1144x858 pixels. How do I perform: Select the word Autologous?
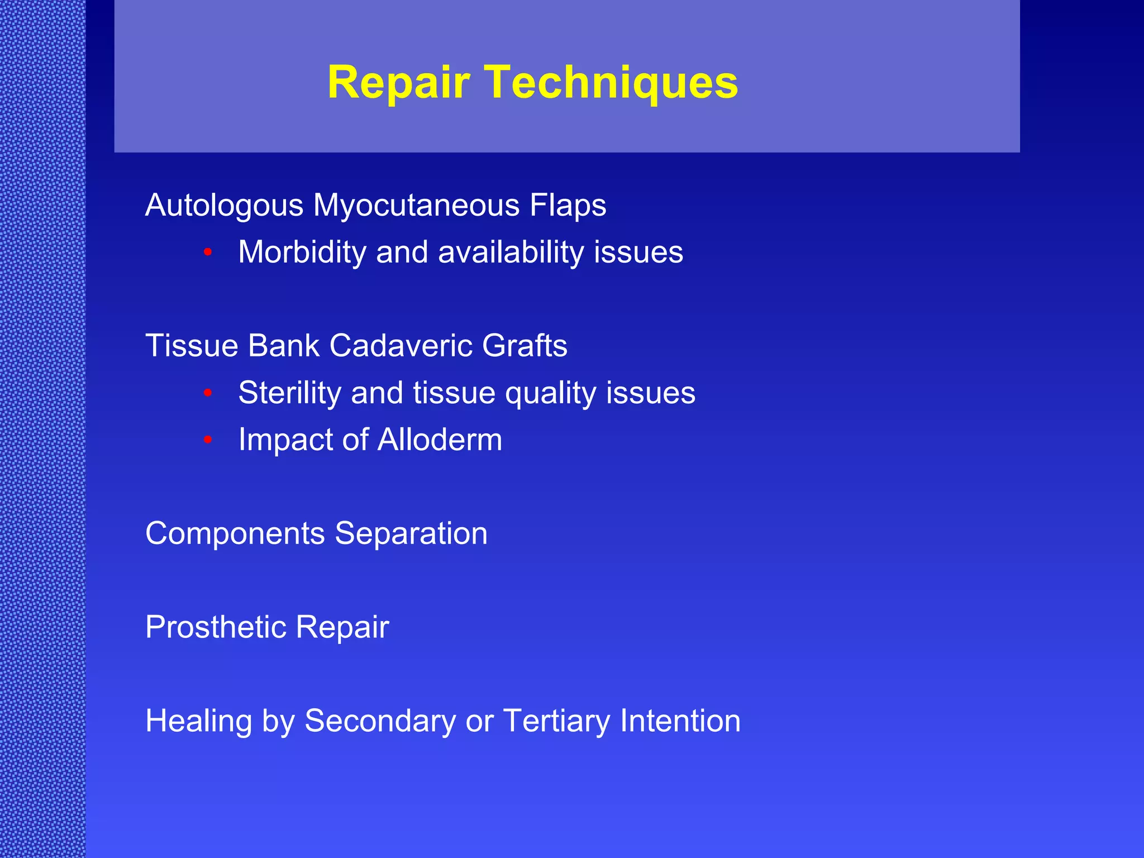click(224, 206)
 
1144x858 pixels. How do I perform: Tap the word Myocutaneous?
click(416, 206)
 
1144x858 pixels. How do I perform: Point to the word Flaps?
click(568, 206)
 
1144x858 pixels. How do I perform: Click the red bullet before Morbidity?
click(208, 252)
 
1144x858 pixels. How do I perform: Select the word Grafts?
click(525, 346)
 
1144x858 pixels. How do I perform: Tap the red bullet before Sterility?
click(208, 393)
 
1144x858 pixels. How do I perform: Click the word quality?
click(550, 393)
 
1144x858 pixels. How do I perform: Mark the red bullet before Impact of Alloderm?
click(208, 440)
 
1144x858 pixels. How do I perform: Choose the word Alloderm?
click(440, 440)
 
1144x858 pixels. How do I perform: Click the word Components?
click(235, 534)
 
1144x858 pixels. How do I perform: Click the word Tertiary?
click(556, 722)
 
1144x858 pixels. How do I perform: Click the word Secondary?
click(380, 722)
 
